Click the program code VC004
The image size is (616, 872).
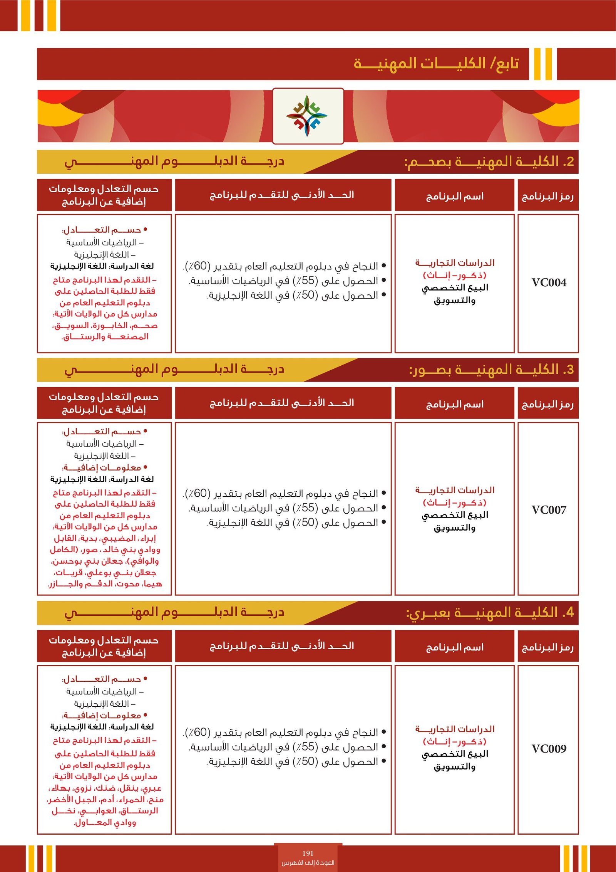[x=549, y=283]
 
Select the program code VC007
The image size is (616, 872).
[x=549, y=510]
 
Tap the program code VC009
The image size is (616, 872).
[x=549, y=749]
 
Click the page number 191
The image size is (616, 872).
[x=308, y=854]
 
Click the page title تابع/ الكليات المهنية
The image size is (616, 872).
[x=436, y=64]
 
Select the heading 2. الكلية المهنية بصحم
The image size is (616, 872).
[x=489, y=162]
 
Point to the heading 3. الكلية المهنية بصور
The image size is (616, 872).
[x=491, y=370]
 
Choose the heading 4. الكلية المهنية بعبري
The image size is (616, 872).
[x=490, y=613]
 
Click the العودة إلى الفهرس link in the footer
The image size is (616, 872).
[x=308, y=863]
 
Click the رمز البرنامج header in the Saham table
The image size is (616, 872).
[x=548, y=197]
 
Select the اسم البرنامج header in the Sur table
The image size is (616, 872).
[x=455, y=405]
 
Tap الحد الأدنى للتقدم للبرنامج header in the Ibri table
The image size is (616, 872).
[x=282, y=646]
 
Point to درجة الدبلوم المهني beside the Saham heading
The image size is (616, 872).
[x=174, y=161]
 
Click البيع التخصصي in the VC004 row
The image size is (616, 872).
[x=455, y=288]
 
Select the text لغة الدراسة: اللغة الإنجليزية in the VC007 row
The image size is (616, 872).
[x=102, y=479]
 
